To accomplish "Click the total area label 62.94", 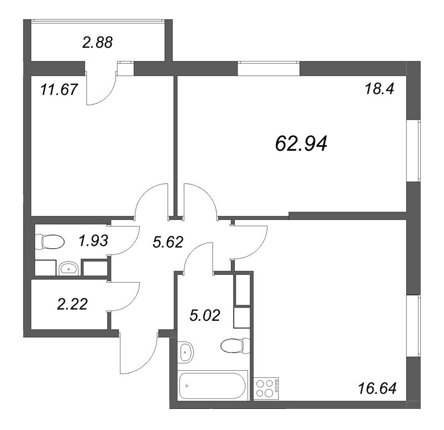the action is point(301,144).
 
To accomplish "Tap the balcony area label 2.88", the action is point(98,43).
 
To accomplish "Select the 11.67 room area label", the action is point(59,89).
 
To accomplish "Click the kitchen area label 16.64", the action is point(377,388).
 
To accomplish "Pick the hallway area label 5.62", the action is point(168,242).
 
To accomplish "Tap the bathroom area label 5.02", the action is point(204,315).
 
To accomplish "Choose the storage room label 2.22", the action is point(72,304).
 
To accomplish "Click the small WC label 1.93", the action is point(93,241).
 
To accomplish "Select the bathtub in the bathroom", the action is point(213,386).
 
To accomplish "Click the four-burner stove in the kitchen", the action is point(266,389).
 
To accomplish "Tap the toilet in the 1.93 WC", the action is point(49,242).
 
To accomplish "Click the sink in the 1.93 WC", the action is point(68,268).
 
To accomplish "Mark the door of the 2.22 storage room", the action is point(124,296).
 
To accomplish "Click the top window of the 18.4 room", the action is point(269,68).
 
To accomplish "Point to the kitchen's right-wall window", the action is point(413,326).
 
